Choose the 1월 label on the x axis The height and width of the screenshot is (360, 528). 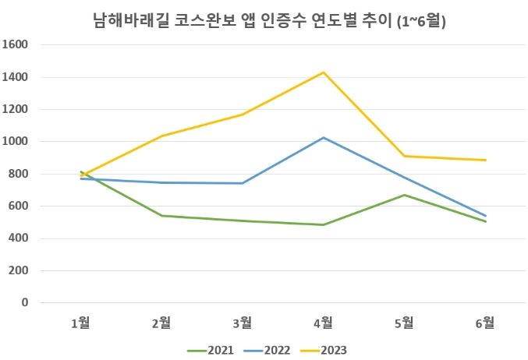(80, 323)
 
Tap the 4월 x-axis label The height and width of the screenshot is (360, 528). (323, 323)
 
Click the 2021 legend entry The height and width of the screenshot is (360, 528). (213, 348)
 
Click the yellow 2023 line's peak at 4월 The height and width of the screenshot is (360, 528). (323, 72)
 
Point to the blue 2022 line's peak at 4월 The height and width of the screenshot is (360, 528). (323, 138)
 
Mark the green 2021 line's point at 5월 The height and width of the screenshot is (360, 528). (404, 195)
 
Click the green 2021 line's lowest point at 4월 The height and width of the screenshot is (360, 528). (323, 224)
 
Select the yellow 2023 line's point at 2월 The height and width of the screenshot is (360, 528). (161, 136)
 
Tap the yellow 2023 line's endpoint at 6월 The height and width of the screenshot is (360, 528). (485, 160)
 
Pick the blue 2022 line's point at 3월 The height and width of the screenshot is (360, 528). (243, 183)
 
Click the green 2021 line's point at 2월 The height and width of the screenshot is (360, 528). (161, 216)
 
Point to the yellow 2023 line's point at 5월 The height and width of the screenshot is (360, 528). (404, 156)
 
